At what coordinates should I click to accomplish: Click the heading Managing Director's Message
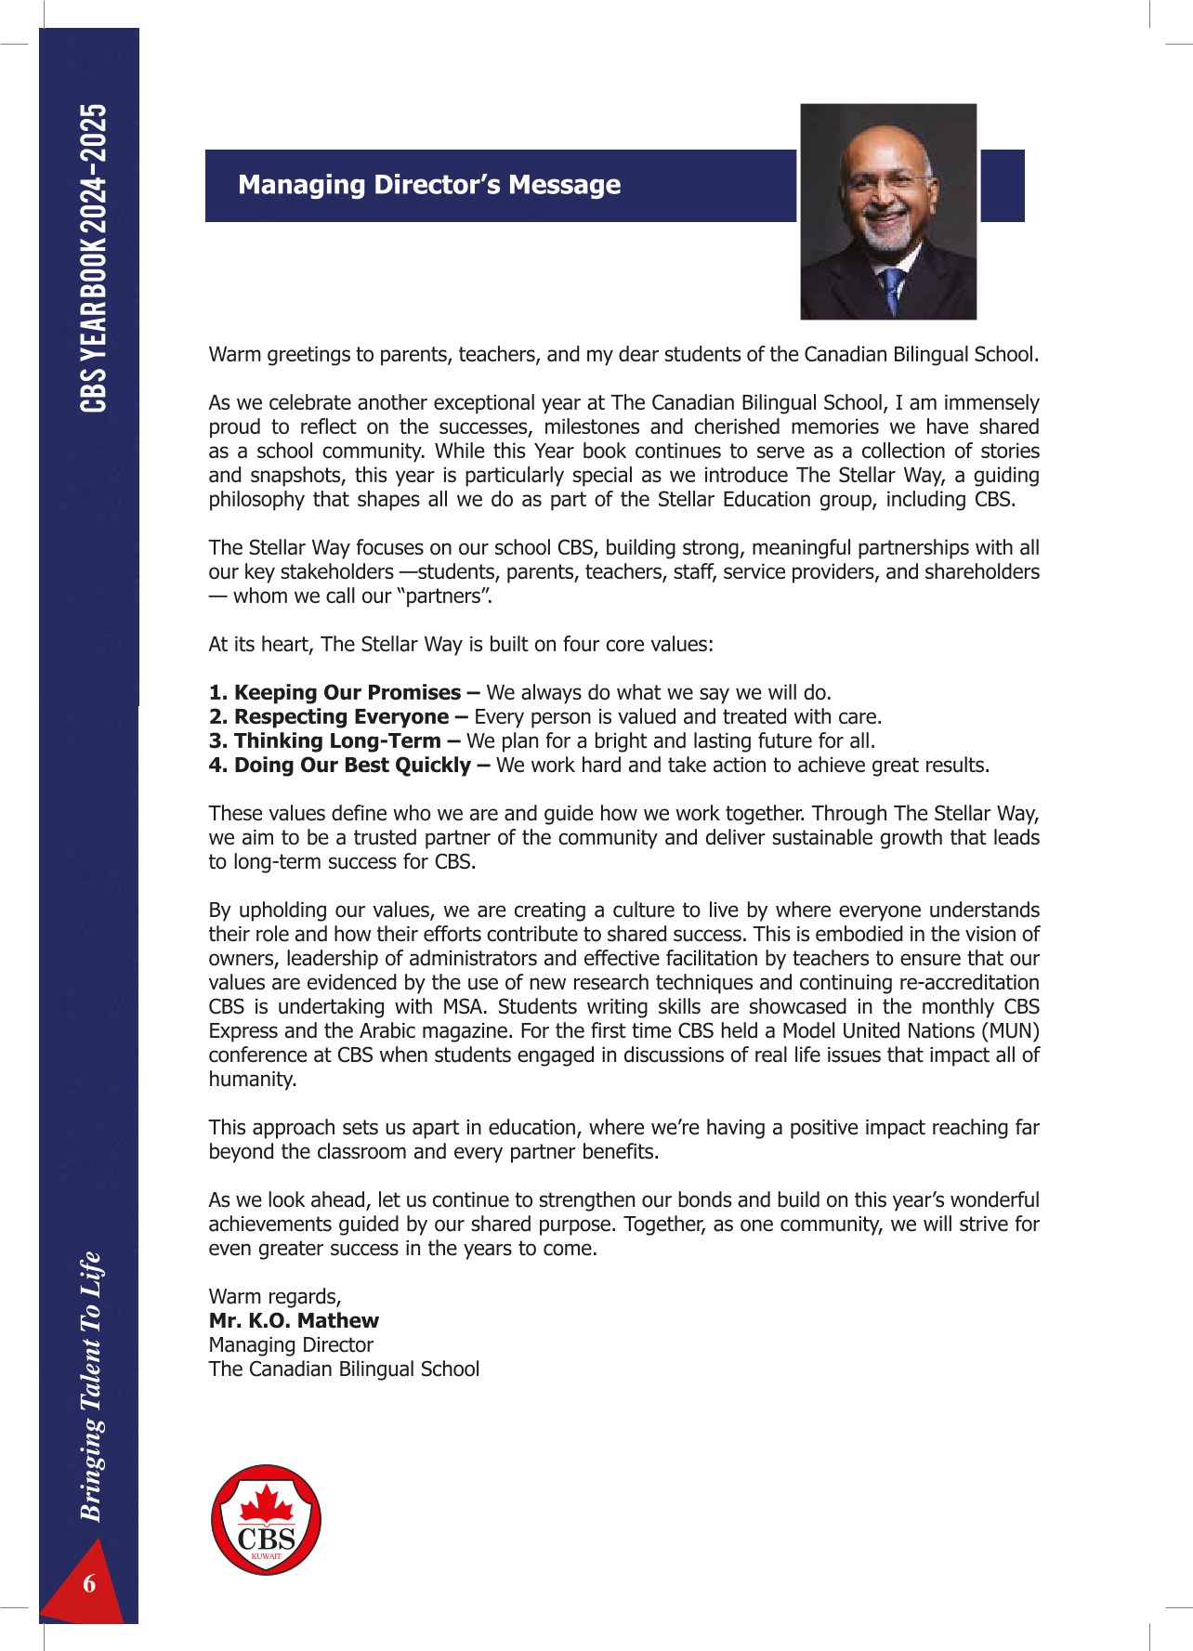[429, 185]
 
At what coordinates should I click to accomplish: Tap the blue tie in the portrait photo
[893, 288]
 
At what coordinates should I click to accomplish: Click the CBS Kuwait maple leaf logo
[267, 1519]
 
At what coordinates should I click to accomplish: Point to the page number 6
[89, 1583]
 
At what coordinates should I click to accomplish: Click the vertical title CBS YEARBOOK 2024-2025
[93, 257]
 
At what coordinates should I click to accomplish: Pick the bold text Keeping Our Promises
[347, 693]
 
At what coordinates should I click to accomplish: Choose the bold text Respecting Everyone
[341, 717]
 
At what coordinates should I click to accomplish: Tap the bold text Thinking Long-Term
[337, 741]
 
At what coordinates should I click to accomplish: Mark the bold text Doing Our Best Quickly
[352, 766]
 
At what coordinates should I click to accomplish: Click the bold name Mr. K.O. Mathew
[294, 1321]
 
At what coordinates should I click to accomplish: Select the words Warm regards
[275, 1297]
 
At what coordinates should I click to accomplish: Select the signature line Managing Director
[291, 1345]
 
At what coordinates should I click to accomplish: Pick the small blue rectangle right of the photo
[1002, 185]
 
